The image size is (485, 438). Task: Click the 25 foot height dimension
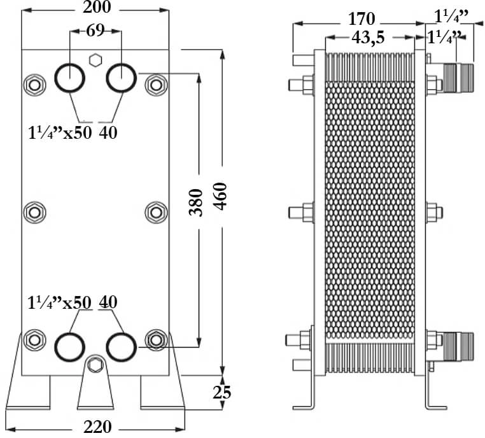pyautogui.click(x=221, y=393)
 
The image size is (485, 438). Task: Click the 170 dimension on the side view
pyautogui.click(x=362, y=17)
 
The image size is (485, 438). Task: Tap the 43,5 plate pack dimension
pyautogui.click(x=368, y=38)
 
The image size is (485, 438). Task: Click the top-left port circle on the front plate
pyautogui.click(x=69, y=78)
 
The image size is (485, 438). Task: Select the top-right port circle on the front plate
pyautogui.click(x=120, y=78)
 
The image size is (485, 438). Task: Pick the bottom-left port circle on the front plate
pyautogui.click(x=69, y=347)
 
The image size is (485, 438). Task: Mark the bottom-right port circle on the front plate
pyautogui.click(x=120, y=347)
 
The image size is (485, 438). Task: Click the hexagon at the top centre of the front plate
pyautogui.click(x=95, y=60)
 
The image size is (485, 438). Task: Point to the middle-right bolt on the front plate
pyautogui.click(x=155, y=211)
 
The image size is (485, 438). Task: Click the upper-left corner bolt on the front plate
pyautogui.click(x=33, y=84)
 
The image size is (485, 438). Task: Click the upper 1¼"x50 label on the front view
pyautogui.click(x=60, y=132)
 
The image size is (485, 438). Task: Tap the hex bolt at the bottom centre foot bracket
pyautogui.click(x=95, y=365)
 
